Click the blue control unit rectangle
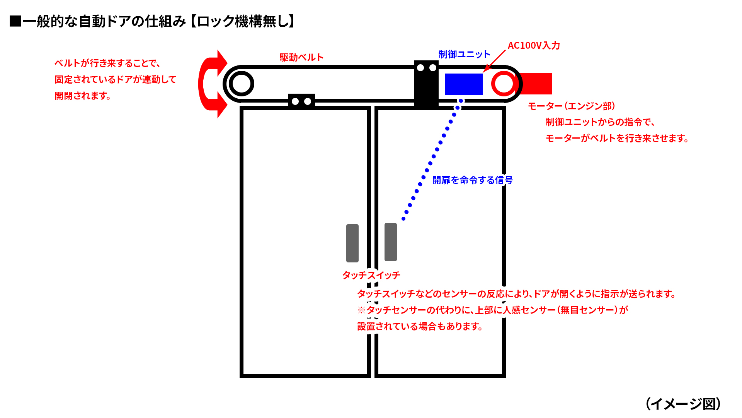click(463, 84)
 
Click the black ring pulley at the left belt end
click(242, 84)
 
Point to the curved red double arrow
click(211, 84)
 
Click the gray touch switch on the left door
click(352, 243)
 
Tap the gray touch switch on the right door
click(390, 242)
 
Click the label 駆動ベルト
click(301, 57)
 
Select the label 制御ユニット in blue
click(464, 54)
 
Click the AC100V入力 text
click(534, 45)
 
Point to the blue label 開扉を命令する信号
click(472, 180)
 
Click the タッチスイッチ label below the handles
click(371, 275)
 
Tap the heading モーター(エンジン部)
click(572, 106)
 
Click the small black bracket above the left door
click(301, 101)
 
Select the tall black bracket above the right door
click(426, 83)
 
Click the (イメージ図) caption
click(683, 404)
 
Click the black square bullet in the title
click(15, 21)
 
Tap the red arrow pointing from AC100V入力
click(494, 61)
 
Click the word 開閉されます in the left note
click(83, 96)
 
